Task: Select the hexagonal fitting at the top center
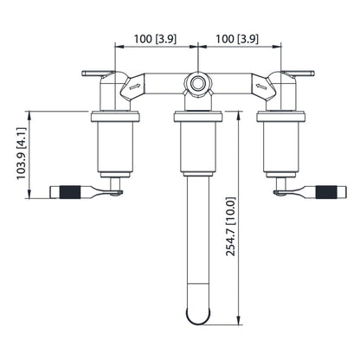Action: [x=198, y=85]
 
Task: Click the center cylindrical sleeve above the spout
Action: [x=197, y=142]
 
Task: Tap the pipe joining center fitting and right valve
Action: [x=232, y=85]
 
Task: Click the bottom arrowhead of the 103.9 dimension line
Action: [x=29, y=196]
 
